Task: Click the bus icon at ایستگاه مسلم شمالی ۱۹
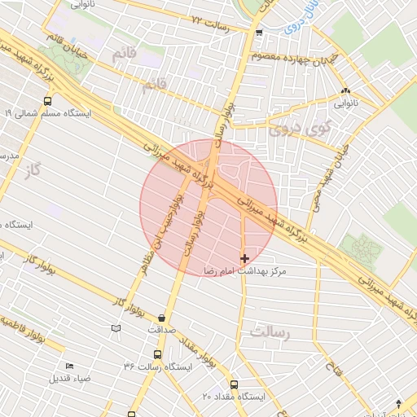coord(48,102)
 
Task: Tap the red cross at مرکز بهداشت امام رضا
coord(244,258)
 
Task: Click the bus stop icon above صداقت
coord(162,318)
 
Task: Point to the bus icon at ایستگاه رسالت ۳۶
coord(157,354)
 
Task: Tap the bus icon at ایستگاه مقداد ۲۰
coord(234,384)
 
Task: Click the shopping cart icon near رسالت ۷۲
coord(259,33)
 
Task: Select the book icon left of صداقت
coord(116,328)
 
